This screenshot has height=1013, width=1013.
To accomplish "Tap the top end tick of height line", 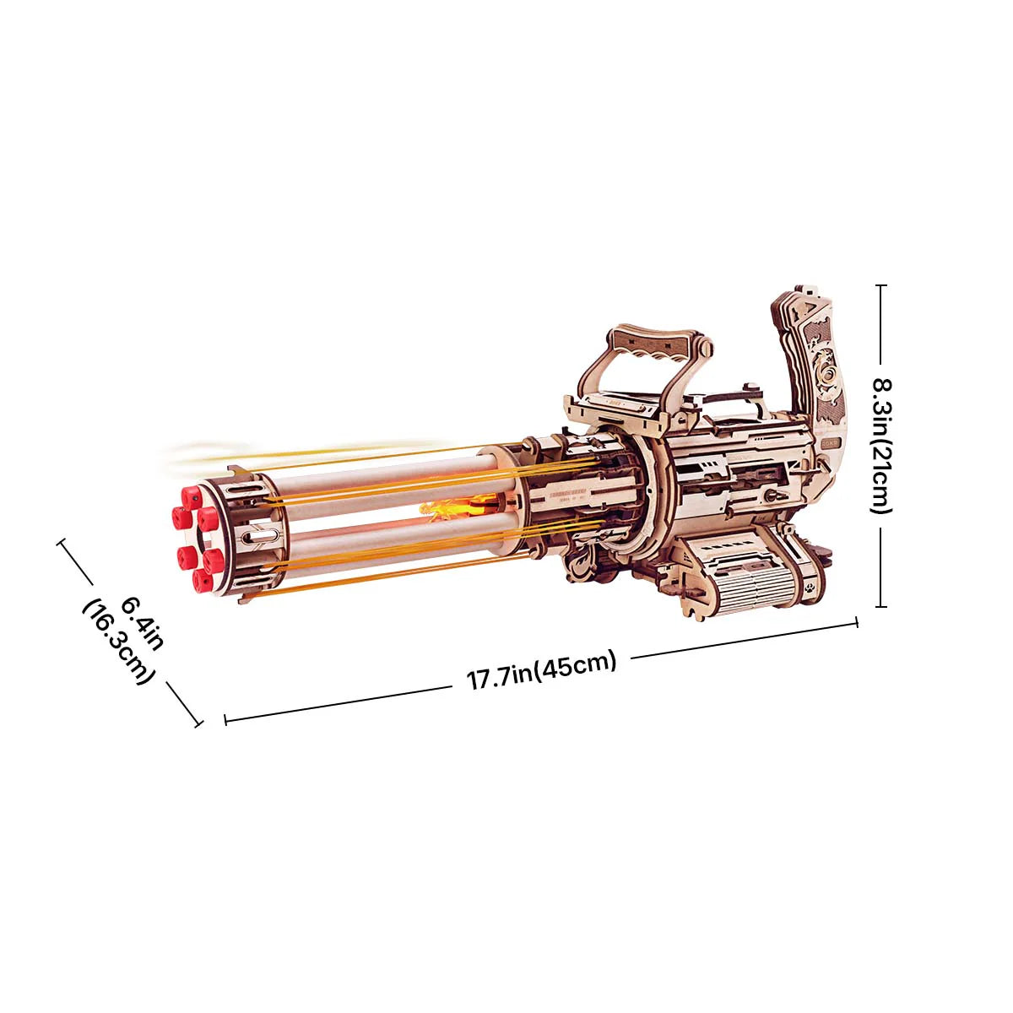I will [881, 285].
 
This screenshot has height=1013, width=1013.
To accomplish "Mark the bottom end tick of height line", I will [881, 606].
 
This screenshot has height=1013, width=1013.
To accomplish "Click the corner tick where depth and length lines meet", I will [201, 722].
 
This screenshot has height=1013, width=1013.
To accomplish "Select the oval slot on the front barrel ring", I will [263, 535].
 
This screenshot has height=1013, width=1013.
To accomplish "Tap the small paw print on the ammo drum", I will [810, 582].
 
